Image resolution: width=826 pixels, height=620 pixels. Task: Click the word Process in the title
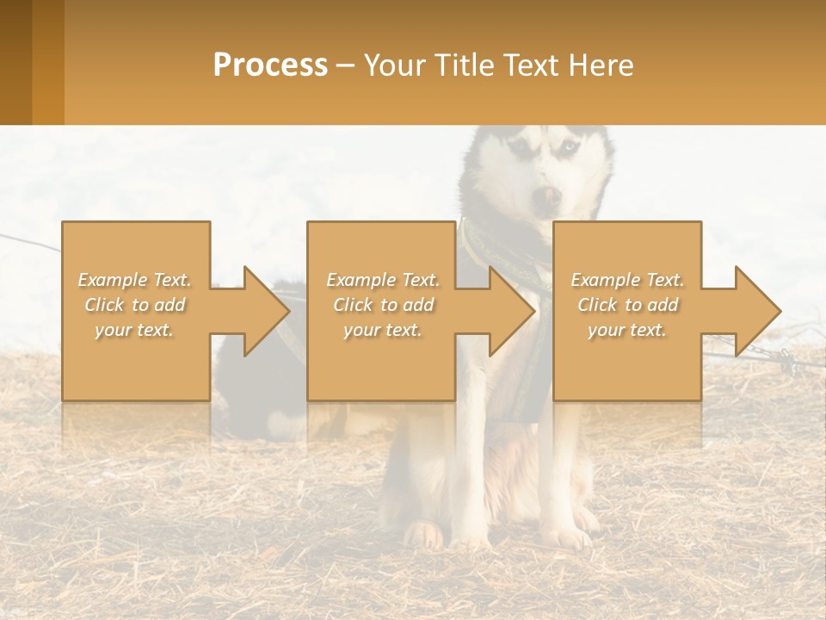pyautogui.click(x=270, y=65)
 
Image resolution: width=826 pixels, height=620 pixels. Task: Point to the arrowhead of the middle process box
pyautogui.click(x=511, y=311)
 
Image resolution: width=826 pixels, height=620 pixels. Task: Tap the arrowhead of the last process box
pyautogui.click(x=757, y=311)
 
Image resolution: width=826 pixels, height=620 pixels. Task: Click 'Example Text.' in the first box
pyautogui.click(x=135, y=280)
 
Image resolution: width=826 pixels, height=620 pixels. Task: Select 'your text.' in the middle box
pyautogui.click(x=382, y=330)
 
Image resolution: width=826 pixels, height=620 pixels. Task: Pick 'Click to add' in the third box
pyautogui.click(x=627, y=305)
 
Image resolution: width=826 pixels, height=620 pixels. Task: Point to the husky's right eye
pyautogui.click(x=520, y=148)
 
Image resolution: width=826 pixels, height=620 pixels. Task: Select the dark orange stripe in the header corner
pyautogui.click(x=16, y=62)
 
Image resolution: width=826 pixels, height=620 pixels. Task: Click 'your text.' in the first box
pyautogui.click(x=135, y=330)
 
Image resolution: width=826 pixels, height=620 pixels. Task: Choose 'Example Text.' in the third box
pyautogui.click(x=627, y=280)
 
